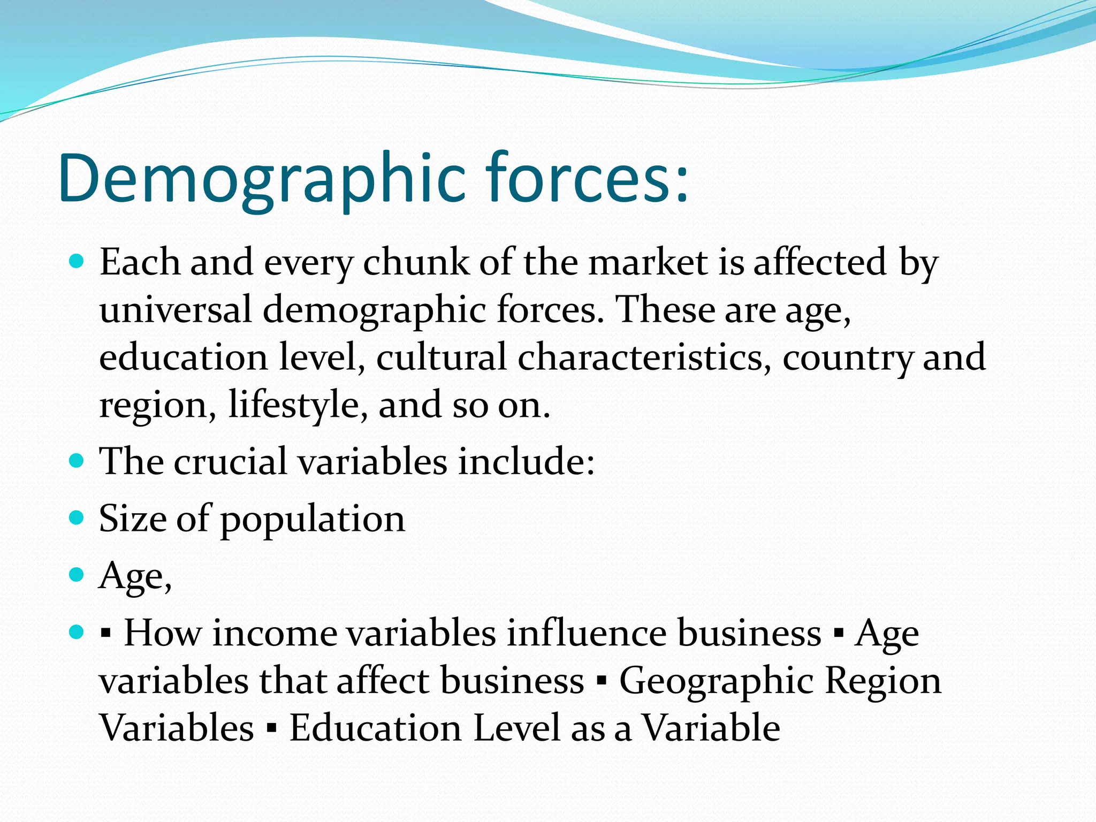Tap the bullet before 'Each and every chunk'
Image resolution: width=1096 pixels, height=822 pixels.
click(x=77, y=262)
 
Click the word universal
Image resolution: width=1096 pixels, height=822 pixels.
click(x=176, y=310)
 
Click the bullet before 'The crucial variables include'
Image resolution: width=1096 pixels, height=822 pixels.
click(x=77, y=461)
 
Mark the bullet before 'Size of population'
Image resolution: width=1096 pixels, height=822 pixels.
click(x=77, y=518)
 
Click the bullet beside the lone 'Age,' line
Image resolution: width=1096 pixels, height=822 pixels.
click(x=77, y=575)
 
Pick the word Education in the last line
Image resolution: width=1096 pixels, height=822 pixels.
click(x=375, y=728)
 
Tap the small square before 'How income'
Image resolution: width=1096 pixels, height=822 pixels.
click(x=106, y=635)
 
